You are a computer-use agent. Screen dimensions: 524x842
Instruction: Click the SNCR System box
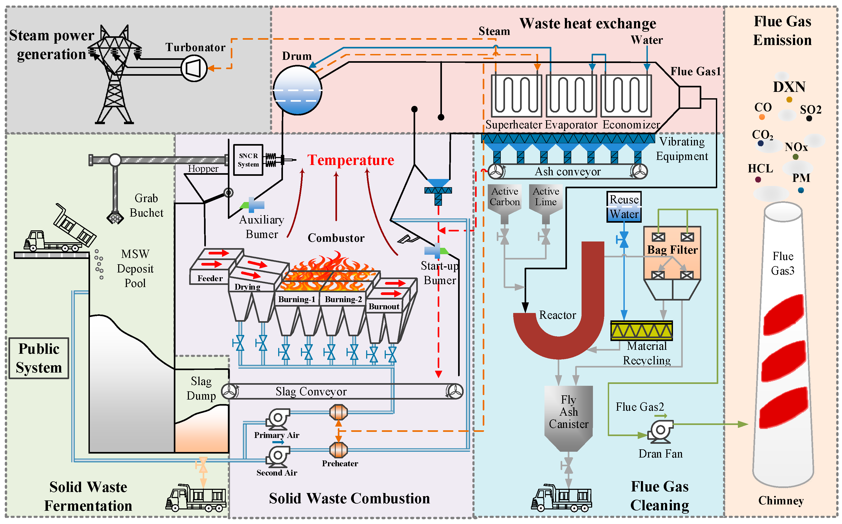248,160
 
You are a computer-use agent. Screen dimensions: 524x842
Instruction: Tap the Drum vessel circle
297,90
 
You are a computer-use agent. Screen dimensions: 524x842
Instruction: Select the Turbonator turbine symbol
194,68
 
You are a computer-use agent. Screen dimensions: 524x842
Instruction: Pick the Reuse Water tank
624,207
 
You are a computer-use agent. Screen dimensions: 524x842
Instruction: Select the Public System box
39,358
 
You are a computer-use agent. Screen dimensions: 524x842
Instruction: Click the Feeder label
210,278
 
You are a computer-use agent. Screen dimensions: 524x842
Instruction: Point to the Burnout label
384,306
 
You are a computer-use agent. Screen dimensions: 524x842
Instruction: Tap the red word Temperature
351,160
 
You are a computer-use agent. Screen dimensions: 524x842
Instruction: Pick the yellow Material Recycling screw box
641,331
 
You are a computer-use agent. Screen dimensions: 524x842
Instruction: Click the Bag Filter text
672,250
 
